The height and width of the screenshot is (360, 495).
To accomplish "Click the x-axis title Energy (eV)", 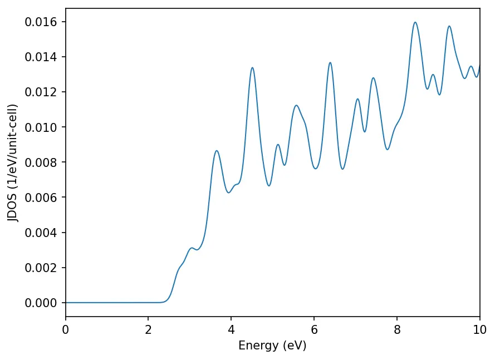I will pos(272,346).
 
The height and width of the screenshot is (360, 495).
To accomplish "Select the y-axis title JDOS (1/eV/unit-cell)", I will pos(13,162).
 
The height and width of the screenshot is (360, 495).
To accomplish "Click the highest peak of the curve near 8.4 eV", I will pos(415,22).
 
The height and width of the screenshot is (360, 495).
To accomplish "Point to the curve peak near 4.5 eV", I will pos(252,68).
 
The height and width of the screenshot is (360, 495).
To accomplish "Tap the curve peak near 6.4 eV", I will pos(330,62).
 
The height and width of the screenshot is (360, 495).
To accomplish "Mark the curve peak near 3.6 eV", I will pos(217,151).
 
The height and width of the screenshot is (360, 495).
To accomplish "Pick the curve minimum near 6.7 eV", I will pos(342,169).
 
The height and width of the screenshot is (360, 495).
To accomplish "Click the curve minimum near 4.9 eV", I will pos(269,185).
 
